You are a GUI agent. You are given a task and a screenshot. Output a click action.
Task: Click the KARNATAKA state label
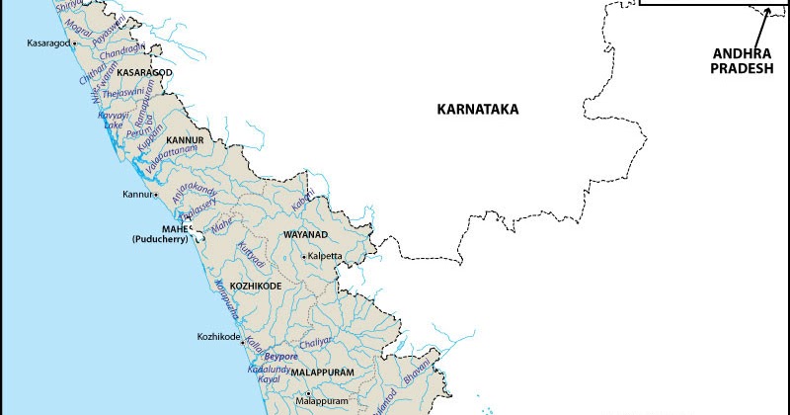[477, 110]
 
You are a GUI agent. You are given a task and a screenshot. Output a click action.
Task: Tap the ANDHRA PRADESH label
[749, 64]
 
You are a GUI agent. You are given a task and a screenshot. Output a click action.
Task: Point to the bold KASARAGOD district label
[145, 74]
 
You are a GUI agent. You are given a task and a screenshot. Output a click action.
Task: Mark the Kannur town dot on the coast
[155, 194]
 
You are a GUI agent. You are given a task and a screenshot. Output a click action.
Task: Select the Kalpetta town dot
[304, 256]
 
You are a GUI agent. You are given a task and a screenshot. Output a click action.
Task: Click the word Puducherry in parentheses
[162, 240]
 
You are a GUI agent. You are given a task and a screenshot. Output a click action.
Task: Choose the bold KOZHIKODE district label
[256, 286]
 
